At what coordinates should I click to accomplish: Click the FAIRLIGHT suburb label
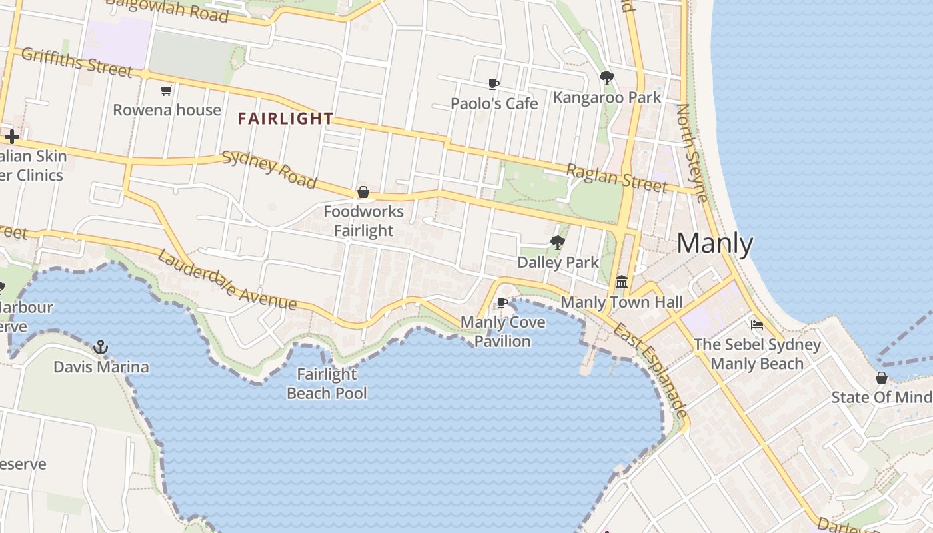(x=285, y=119)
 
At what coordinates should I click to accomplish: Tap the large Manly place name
(x=714, y=244)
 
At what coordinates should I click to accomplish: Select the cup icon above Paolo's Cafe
(x=494, y=84)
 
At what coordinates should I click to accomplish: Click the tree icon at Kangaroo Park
(x=606, y=78)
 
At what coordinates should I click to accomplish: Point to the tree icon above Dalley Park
(x=558, y=243)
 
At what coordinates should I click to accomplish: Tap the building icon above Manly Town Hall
(x=622, y=282)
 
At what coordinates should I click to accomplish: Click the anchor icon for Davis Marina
(x=101, y=347)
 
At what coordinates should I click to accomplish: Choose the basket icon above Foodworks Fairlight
(x=363, y=193)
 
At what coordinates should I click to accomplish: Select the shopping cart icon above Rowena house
(x=167, y=90)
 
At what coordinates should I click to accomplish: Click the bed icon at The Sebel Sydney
(x=757, y=325)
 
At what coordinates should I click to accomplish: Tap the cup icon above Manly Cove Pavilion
(x=502, y=303)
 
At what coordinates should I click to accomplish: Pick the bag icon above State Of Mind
(x=882, y=378)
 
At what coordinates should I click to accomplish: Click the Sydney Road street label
(x=269, y=169)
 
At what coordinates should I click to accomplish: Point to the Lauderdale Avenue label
(x=227, y=279)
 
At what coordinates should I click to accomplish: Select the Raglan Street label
(x=616, y=177)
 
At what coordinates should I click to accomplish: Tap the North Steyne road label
(x=692, y=153)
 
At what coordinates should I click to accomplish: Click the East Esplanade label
(x=650, y=371)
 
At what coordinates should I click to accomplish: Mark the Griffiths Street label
(x=77, y=62)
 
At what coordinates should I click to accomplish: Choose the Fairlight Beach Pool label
(x=327, y=384)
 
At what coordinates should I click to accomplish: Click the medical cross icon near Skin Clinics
(x=11, y=137)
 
